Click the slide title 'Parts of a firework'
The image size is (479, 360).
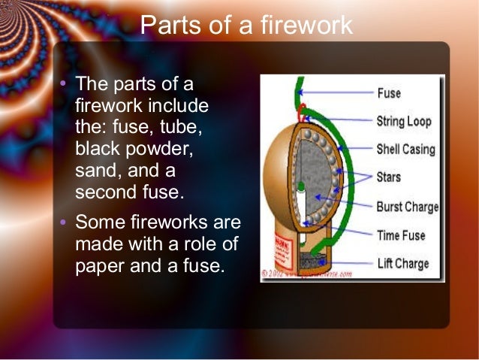pyautogui.click(x=246, y=26)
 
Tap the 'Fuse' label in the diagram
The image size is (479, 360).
pyautogui.click(x=389, y=94)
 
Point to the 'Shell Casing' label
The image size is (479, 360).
pyautogui.click(x=405, y=149)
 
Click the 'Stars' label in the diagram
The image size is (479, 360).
pyautogui.click(x=388, y=177)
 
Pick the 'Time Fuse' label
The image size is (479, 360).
pyautogui.click(x=401, y=235)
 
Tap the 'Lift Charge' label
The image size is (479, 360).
pyautogui.click(x=402, y=264)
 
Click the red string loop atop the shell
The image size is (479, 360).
pyautogui.click(x=301, y=111)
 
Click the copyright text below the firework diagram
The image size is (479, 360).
pyautogui.click(x=308, y=274)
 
